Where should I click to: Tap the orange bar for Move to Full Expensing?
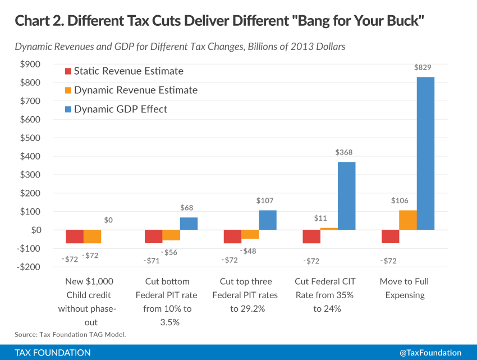[408, 220]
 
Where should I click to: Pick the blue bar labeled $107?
[268, 220]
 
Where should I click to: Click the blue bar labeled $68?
[189, 224]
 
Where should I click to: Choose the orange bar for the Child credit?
[92, 236]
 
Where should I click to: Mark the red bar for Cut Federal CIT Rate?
[311, 236]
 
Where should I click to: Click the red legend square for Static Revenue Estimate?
[69, 71]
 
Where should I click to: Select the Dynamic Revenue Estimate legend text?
[135, 90]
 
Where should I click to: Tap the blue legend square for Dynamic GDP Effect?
[69, 109]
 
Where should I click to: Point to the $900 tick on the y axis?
[30, 64]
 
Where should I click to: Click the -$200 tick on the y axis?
[29, 267]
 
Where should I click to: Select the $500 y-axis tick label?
[30, 138]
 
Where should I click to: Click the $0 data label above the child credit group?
[108, 220]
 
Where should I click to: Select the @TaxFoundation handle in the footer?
[430, 353]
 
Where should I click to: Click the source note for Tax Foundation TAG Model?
[70, 335]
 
